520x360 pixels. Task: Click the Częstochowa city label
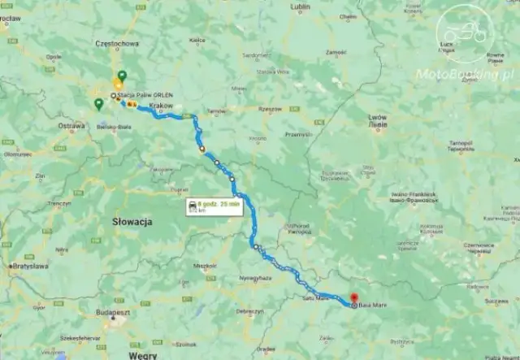point(116,43)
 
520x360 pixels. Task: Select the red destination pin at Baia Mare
point(353,299)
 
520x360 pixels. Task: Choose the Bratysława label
point(31,266)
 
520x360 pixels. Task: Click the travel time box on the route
point(213,206)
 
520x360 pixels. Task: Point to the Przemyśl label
point(299,134)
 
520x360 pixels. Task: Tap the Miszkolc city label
point(204,265)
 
